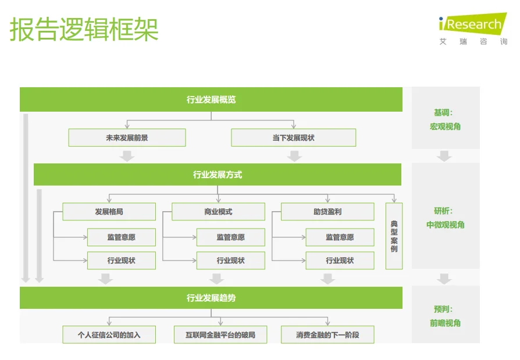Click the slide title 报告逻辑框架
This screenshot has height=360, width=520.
pyautogui.click(x=84, y=29)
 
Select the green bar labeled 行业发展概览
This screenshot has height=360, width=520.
pyautogui.click(x=211, y=99)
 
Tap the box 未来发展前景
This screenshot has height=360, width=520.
pyautogui.click(x=127, y=138)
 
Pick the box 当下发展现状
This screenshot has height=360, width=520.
pyautogui.click(x=293, y=138)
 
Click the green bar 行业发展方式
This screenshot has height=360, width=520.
pyautogui.click(x=217, y=174)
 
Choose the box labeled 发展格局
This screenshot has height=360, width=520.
pyautogui.click(x=109, y=212)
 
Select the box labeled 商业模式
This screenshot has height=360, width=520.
pyautogui.click(x=218, y=212)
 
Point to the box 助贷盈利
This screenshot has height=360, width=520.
pyautogui.click(x=327, y=212)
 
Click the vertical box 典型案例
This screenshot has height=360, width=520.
pyautogui.click(x=394, y=236)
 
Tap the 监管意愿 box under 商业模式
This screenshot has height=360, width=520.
pyautogui.click(x=230, y=237)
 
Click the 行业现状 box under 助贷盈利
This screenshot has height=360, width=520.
pyautogui.click(x=340, y=261)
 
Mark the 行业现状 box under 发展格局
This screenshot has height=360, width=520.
pyautogui.click(x=121, y=261)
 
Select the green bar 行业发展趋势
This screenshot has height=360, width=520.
pyautogui.click(x=211, y=298)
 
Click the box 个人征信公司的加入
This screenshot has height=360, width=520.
pyautogui.click(x=109, y=335)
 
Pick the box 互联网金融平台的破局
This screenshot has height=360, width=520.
pyautogui.click(x=220, y=335)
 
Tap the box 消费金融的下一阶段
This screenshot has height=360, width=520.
pyautogui.click(x=327, y=335)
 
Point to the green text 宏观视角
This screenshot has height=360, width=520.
pyautogui.click(x=445, y=126)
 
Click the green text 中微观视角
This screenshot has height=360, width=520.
pyautogui.click(x=445, y=224)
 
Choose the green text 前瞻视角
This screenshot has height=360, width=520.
pyautogui.click(x=445, y=323)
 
